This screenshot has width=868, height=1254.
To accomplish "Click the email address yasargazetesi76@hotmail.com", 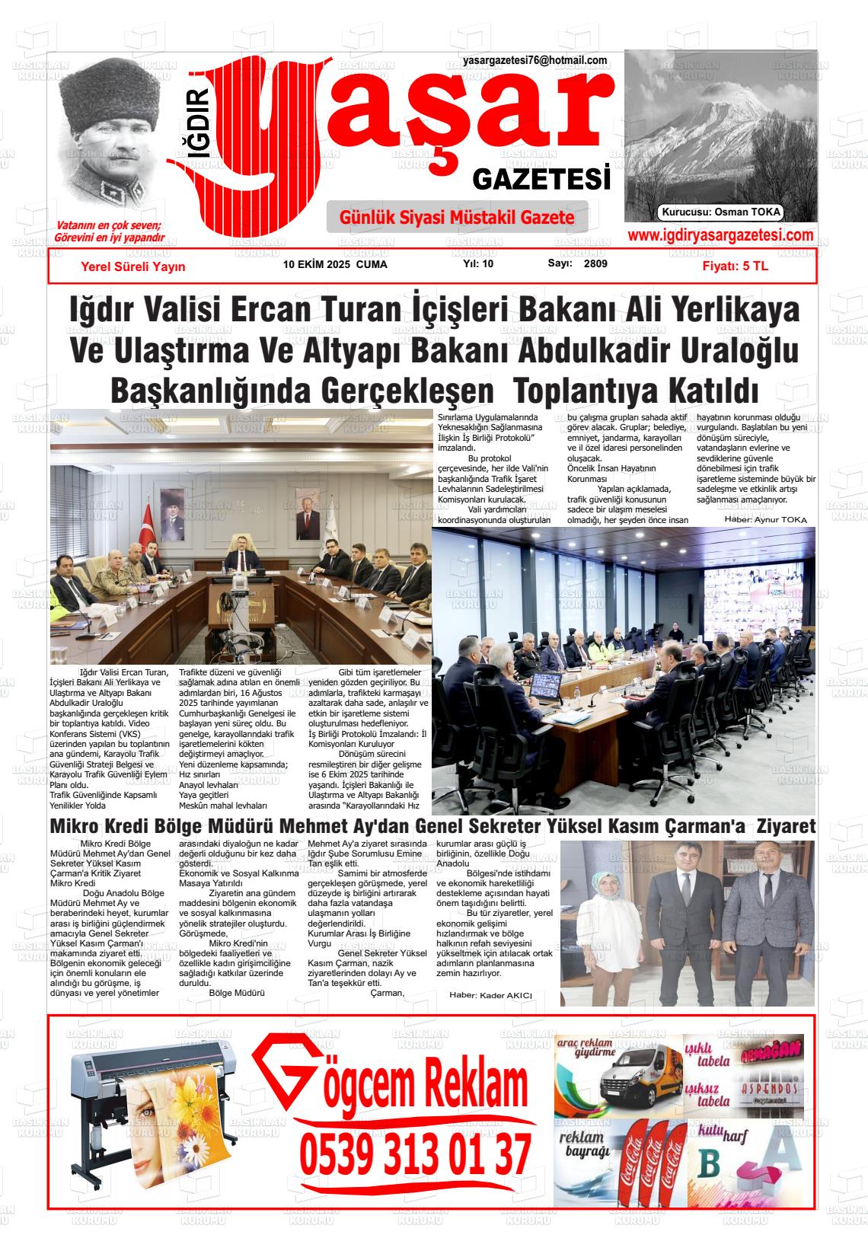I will pyautogui.click(x=535, y=61).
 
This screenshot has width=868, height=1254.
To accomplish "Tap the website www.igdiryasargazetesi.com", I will pyautogui.click(x=720, y=235).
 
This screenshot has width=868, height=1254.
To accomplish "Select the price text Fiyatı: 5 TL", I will pyautogui.click(x=735, y=266).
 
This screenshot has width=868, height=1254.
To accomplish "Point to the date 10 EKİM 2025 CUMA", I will pyautogui.click(x=335, y=265).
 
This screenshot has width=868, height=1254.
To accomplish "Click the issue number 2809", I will pyautogui.click(x=595, y=264).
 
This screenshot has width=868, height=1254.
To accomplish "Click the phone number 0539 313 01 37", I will pyautogui.click(x=415, y=1154).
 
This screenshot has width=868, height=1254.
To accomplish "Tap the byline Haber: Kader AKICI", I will pyautogui.click(x=490, y=995).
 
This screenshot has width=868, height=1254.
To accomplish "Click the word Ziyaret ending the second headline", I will pyautogui.click(x=787, y=826).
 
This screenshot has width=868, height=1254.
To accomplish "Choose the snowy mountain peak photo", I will pyautogui.click(x=720, y=126).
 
